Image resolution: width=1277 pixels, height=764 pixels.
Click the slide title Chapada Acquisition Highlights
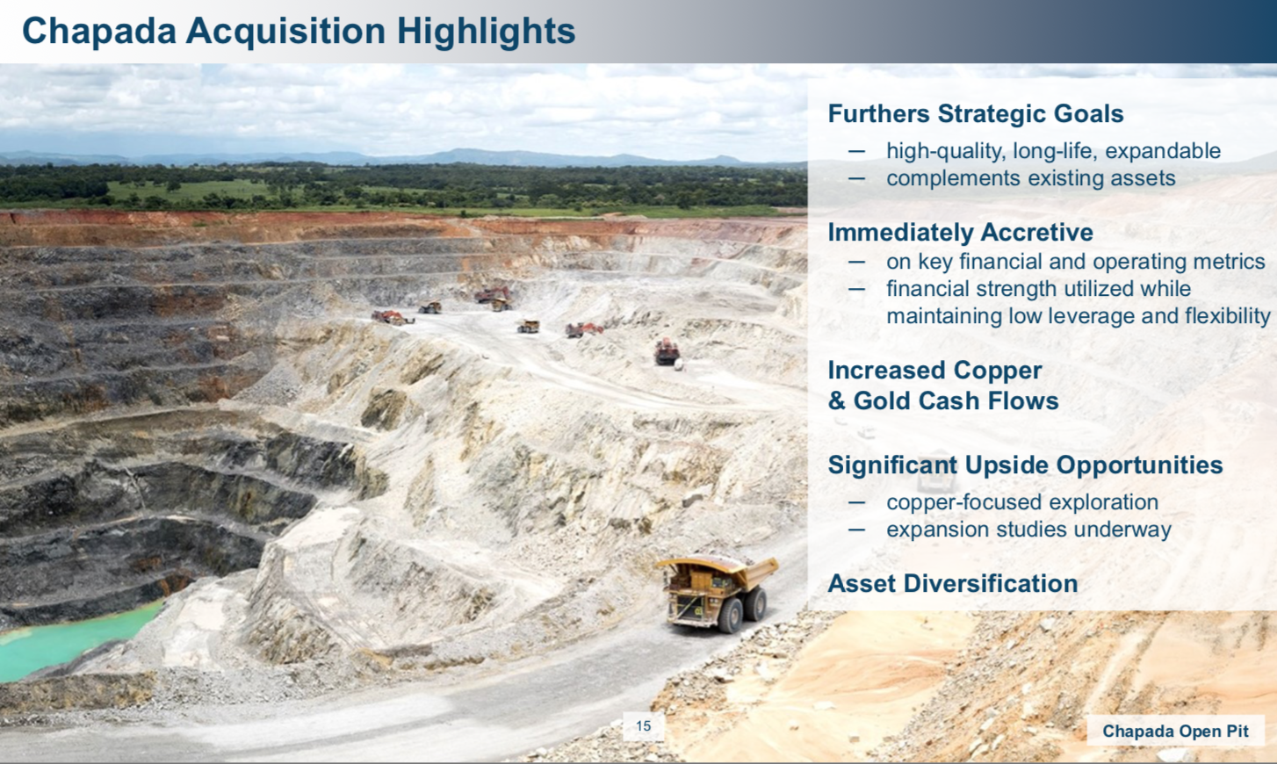[299, 31]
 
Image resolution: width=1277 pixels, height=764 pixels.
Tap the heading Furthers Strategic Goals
[976, 113]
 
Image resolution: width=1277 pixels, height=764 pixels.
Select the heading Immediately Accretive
[960, 232]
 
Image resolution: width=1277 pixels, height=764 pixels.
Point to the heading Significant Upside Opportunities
[1025, 465]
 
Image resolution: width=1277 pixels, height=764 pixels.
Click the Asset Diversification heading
[953, 583]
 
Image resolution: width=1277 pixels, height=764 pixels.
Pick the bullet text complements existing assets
[1031, 178]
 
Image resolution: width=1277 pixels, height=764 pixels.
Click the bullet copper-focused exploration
[1022, 502]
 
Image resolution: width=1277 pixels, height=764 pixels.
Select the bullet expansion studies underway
[1028, 530]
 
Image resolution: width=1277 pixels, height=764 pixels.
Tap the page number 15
[643, 725]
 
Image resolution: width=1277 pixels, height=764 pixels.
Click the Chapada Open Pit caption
[1175, 731]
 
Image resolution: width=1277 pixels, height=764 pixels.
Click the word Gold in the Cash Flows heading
[882, 400]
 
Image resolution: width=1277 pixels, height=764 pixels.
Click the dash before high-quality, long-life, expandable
[856, 151]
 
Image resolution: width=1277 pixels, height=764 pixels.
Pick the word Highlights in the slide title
[487, 31]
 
